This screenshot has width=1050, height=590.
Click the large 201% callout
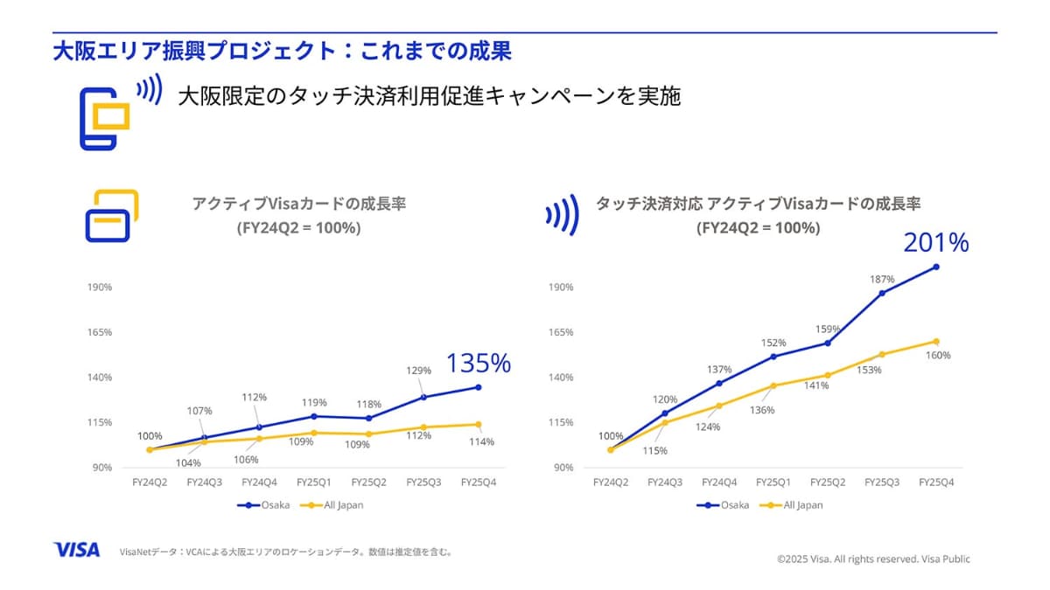[935, 243]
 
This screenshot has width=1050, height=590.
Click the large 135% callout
[478, 363]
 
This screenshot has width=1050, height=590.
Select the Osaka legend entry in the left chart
[262, 505]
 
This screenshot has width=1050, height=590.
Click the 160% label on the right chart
[938, 356]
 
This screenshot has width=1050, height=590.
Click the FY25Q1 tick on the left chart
[313, 482]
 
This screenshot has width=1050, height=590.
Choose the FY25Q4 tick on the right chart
[936, 482]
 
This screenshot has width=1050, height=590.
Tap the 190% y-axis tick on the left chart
[99, 288]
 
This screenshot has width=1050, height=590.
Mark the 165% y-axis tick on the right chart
[561, 333]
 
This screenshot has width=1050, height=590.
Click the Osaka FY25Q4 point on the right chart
[936, 267]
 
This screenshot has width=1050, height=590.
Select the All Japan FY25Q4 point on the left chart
[479, 425]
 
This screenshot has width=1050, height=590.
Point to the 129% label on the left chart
[419, 371]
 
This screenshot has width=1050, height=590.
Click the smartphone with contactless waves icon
[114, 114]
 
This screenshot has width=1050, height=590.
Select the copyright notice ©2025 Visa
[872, 559]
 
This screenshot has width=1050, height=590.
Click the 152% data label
[773, 343]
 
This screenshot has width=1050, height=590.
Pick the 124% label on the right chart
[708, 427]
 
